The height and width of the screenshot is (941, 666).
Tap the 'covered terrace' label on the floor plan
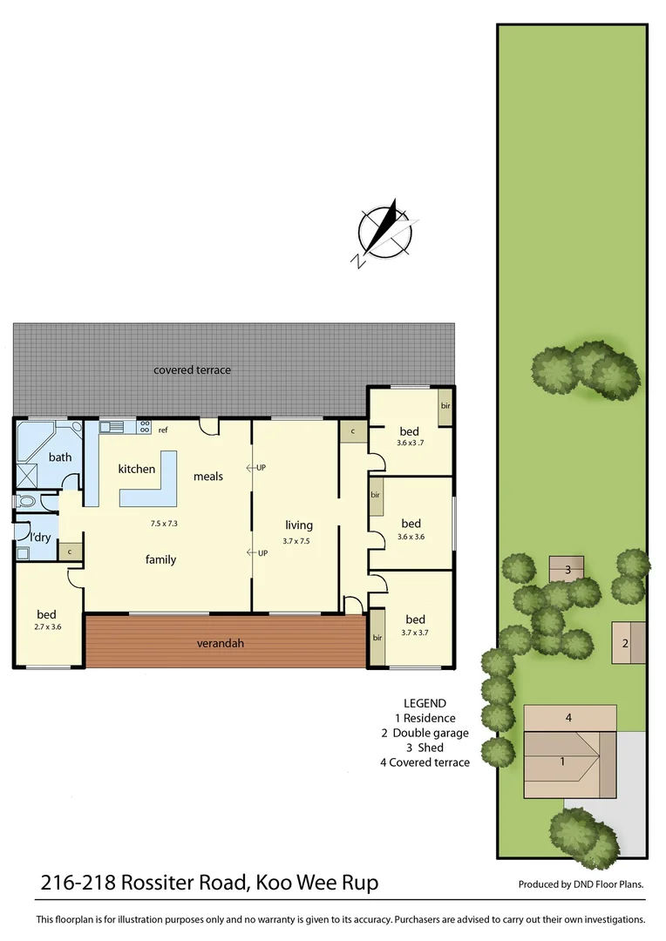192,370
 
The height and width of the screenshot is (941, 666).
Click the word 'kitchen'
137,469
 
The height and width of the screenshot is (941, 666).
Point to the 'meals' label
208,477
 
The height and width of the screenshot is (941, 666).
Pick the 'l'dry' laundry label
40,537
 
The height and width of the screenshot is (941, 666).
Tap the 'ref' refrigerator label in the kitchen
163,430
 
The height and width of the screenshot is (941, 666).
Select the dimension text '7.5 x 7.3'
163,524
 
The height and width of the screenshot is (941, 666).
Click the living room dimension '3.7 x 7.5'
298,541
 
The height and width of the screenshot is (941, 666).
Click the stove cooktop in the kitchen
144,427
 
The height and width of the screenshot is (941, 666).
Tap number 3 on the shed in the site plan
567,570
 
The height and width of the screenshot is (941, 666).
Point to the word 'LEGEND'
425,703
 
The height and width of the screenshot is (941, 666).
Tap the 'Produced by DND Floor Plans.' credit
581,884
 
